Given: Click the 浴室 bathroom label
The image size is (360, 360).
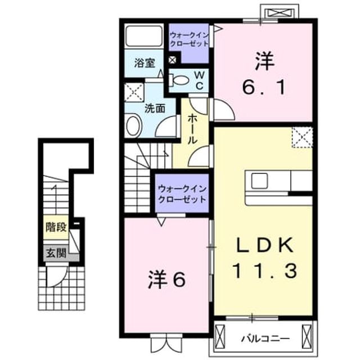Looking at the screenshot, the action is [145, 63].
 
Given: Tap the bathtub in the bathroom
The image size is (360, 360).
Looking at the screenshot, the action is [144, 36].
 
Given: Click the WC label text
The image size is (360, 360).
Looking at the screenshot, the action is [200, 80].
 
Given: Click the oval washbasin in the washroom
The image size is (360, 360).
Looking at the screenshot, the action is [133, 125].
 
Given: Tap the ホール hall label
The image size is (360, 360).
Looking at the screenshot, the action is [192, 129].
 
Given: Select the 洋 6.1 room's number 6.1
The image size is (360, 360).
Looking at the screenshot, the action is [264, 88].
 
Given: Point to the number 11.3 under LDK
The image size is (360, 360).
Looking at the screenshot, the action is [265, 271].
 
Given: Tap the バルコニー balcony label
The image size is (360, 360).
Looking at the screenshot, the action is [265, 339].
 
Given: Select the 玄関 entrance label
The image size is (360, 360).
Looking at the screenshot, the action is [56, 253].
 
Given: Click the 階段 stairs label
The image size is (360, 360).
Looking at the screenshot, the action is [56, 227].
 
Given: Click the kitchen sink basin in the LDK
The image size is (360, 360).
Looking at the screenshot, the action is [259, 181].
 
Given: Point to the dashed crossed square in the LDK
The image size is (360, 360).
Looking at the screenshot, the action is [303, 137].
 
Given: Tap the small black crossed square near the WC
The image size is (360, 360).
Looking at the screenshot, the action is [172, 60].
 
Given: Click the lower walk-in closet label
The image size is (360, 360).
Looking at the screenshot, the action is [182, 194].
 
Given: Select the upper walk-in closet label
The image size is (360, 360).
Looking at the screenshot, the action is [189, 39].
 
